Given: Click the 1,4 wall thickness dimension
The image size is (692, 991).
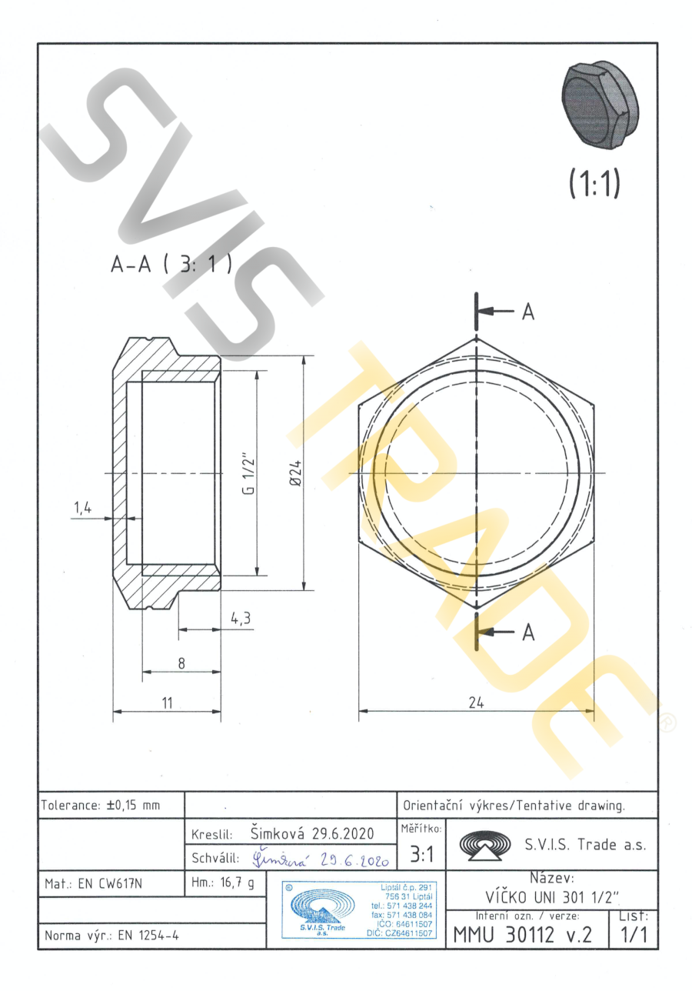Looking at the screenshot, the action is click(x=83, y=508).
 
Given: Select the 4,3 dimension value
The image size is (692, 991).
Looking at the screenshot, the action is click(x=241, y=618).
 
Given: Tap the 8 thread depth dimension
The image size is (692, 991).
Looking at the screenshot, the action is click(x=181, y=663).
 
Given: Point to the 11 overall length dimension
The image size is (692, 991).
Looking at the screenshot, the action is click(x=167, y=702).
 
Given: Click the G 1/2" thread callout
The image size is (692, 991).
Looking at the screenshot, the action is click(x=249, y=473).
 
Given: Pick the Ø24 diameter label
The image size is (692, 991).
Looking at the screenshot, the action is click(x=295, y=473).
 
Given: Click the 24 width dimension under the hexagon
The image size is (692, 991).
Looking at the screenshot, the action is click(x=476, y=702).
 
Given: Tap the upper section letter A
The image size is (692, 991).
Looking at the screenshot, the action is click(x=528, y=312).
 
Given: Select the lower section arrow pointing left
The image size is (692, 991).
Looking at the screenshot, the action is click(x=495, y=632).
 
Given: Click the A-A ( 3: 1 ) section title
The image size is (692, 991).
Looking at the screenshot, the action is click(x=171, y=264).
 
